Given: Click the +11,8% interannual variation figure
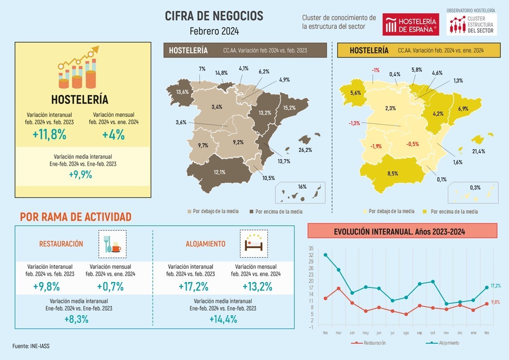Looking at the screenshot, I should (x=49, y=135).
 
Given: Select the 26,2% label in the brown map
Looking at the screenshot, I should (x=305, y=150).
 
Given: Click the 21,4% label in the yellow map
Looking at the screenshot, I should (x=478, y=151).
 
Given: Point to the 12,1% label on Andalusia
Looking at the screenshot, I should (x=220, y=172).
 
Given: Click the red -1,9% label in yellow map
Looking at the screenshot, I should (x=376, y=146).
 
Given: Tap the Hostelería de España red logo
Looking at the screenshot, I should (x=411, y=24).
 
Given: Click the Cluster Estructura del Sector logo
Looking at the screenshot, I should (x=472, y=24).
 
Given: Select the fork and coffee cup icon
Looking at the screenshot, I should (x=112, y=243).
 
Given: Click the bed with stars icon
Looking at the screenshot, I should (x=253, y=243).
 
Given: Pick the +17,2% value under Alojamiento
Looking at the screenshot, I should (x=190, y=287).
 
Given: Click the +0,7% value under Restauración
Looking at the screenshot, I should (x=110, y=287).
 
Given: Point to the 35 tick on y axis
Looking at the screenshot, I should (x=310, y=248).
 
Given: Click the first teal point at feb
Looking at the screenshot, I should (x=325, y=255).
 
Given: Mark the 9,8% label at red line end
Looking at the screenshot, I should (x=496, y=302).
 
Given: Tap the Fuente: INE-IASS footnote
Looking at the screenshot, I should (x=31, y=346).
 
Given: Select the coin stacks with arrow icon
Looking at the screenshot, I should (x=78, y=68).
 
